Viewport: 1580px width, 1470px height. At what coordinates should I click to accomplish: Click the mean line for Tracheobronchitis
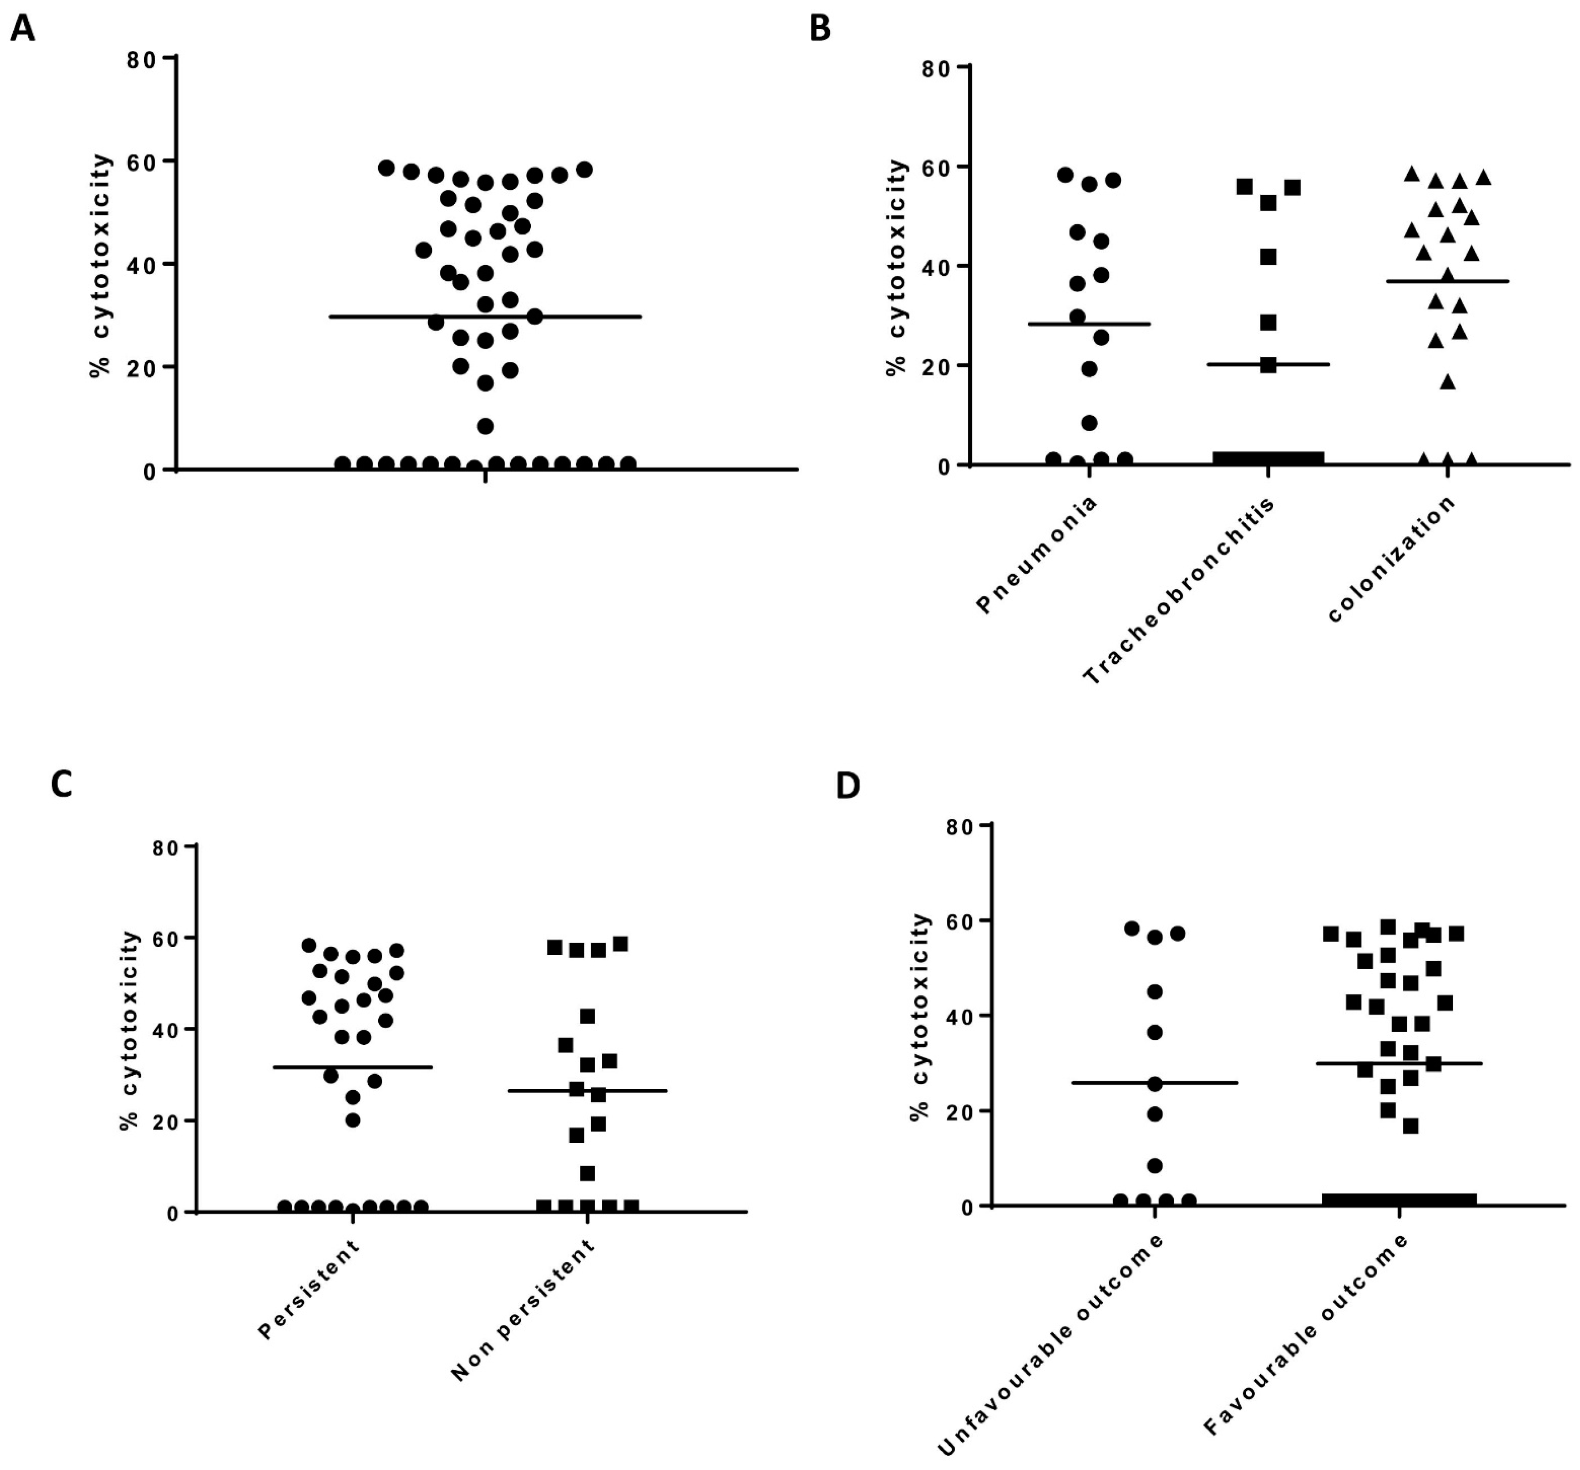pos(1295,365)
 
